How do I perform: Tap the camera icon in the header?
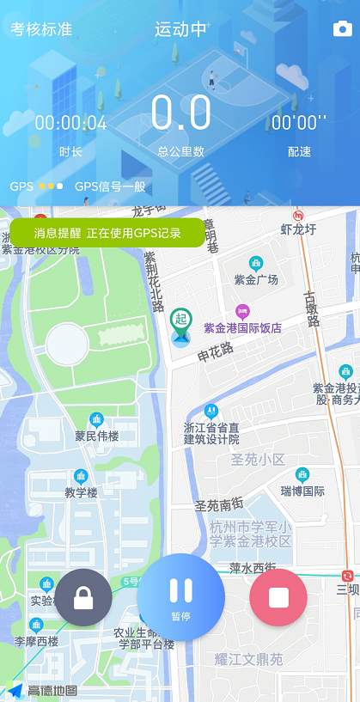343,29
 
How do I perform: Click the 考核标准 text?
41,29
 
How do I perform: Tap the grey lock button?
83,597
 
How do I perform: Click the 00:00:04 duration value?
71,123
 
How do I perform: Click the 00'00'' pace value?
299,123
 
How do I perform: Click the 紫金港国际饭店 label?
242,327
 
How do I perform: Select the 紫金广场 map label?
256,280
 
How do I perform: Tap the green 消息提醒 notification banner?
107,233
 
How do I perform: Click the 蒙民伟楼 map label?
96,436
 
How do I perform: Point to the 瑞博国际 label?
302,491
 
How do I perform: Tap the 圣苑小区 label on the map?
257,460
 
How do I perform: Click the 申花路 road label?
215,353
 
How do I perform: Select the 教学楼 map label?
82,492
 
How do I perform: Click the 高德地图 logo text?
52,691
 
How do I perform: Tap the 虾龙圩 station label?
299,229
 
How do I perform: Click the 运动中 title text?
180,29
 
